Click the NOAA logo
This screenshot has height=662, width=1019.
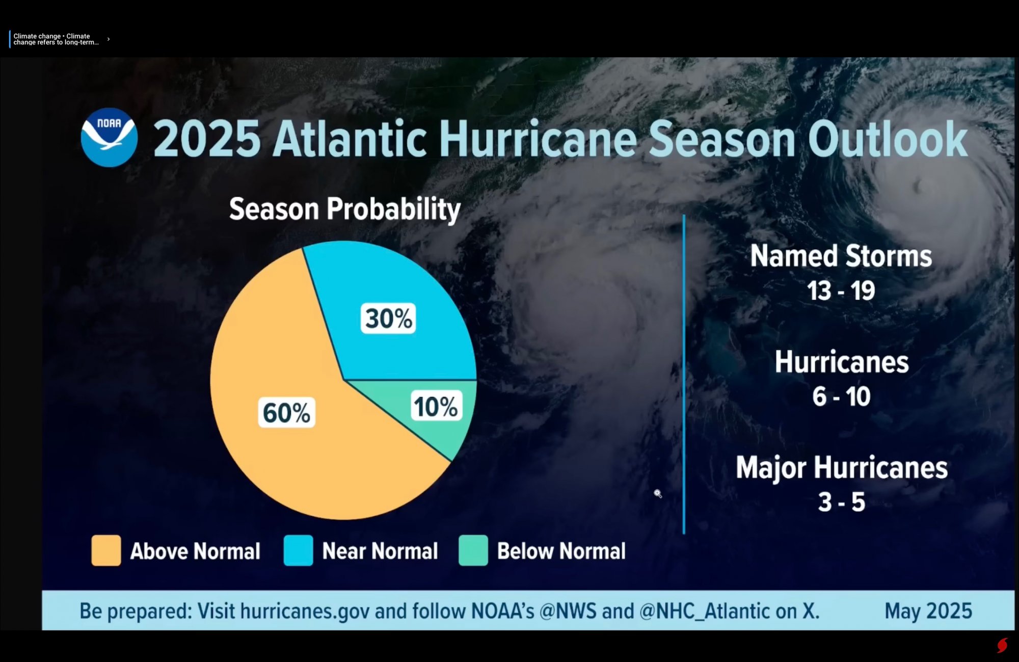[x=109, y=138]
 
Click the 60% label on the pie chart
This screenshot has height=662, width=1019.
[x=286, y=412]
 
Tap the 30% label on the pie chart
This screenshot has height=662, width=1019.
[x=388, y=319]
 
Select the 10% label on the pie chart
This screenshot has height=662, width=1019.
[x=436, y=406]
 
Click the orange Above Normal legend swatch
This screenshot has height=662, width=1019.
[x=106, y=550]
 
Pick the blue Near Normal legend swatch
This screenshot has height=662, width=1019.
[x=298, y=550]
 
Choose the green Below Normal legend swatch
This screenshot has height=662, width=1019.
[x=473, y=550]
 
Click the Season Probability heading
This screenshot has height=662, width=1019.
[x=344, y=209]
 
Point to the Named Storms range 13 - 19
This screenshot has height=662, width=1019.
[x=841, y=291]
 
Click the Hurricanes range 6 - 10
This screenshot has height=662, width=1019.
[x=841, y=396]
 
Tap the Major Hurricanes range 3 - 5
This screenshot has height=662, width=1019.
[x=841, y=502]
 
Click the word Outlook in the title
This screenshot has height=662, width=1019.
[x=887, y=139]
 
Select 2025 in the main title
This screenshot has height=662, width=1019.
[x=207, y=139]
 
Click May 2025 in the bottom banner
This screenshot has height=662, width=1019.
[x=928, y=611]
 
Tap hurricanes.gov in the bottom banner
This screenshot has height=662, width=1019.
[x=305, y=611]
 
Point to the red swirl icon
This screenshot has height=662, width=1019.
[x=1002, y=645]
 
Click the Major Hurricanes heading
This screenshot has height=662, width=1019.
[x=841, y=468]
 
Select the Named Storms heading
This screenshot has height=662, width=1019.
[x=841, y=256]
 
